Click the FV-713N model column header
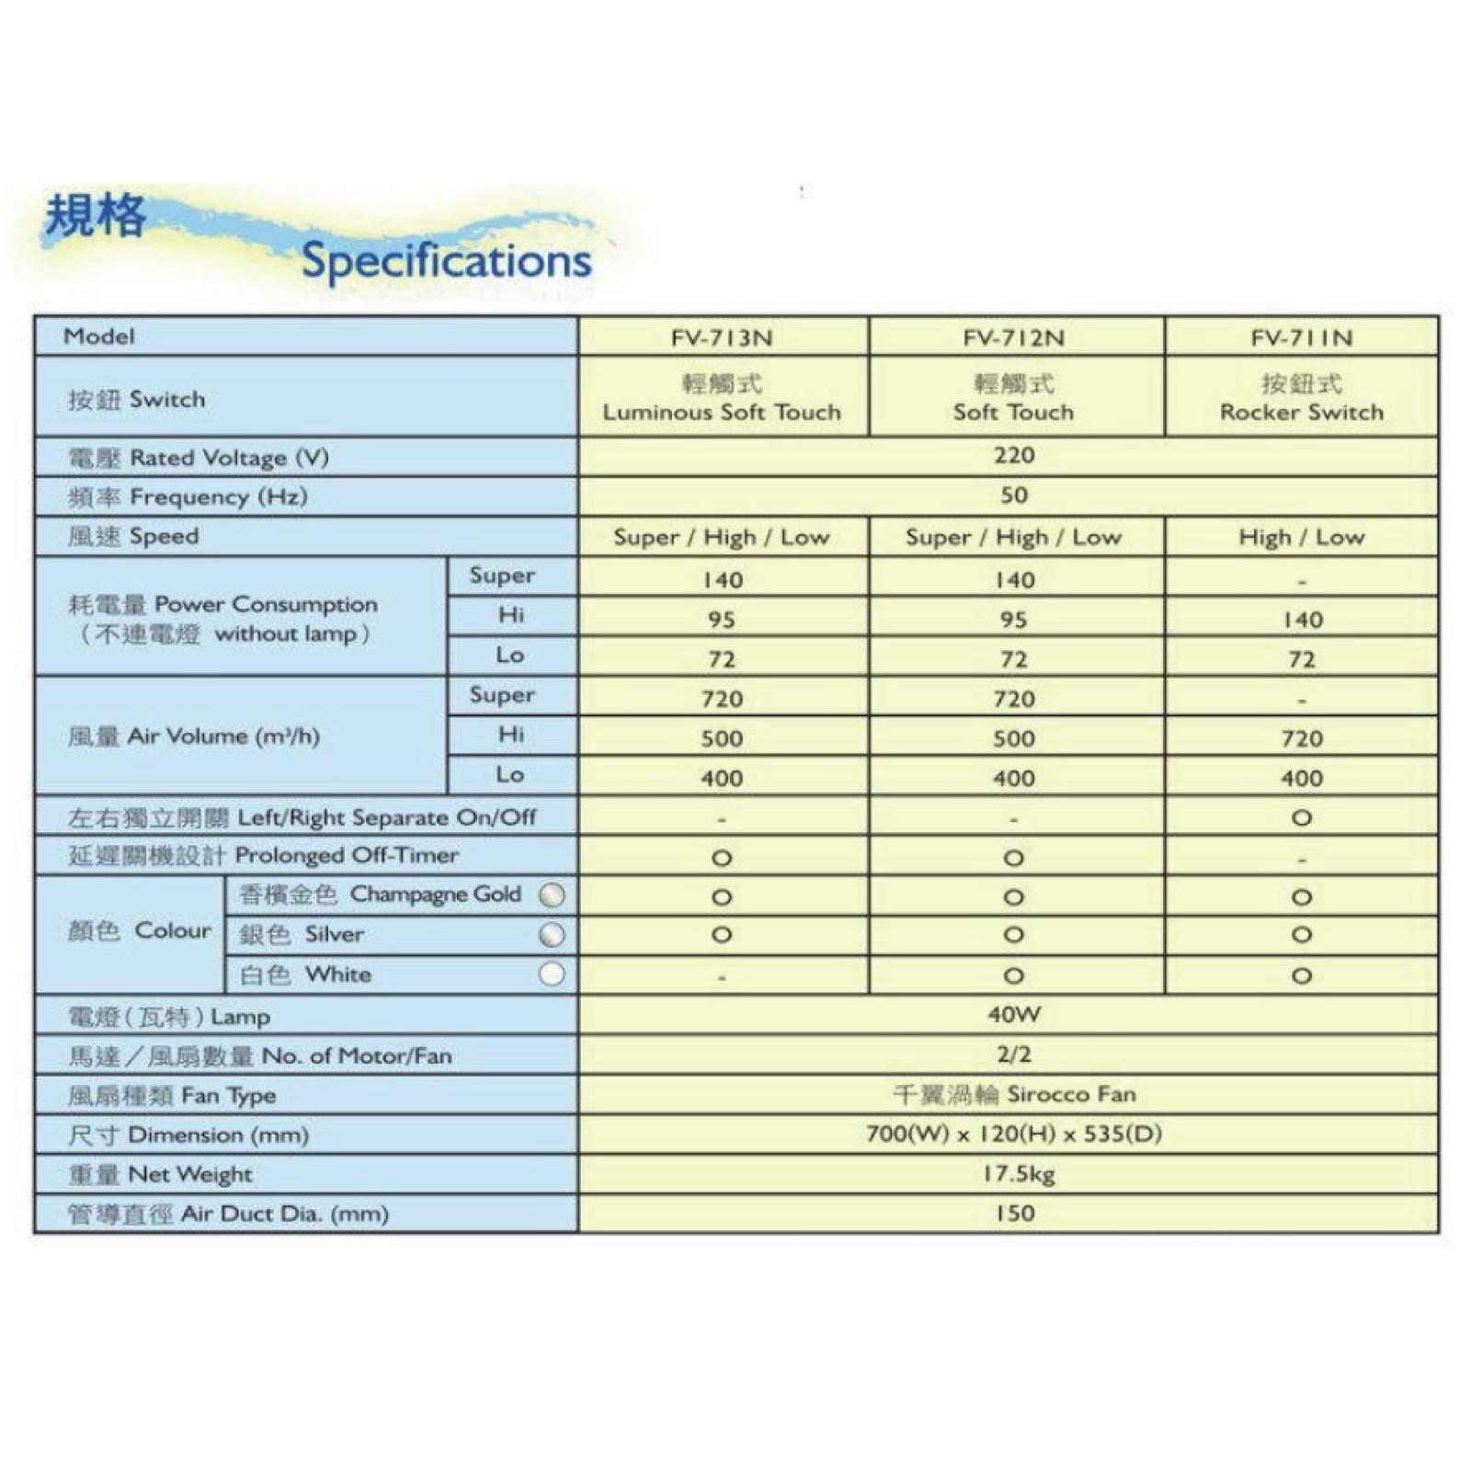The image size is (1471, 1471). (722, 337)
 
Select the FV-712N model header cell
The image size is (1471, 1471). (1013, 337)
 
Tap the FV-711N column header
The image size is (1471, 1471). (1301, 337)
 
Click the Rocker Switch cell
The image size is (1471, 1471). (1301, 412)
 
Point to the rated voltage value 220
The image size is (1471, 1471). (1013, 455)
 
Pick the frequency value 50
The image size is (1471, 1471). (1013, 496)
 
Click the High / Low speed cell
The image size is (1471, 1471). (1301, 537)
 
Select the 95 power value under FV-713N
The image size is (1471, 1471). (722, 620)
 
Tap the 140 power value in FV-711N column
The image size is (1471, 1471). (1302, 620)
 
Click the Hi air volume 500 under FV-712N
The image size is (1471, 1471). (1013, 738)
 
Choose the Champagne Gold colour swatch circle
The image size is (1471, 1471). (552, 895)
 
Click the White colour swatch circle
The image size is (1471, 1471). (552, 974)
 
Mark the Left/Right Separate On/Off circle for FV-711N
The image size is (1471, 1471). (1301, 817)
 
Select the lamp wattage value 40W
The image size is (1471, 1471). (1013, 1015)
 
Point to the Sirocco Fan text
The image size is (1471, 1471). (1071, 1094)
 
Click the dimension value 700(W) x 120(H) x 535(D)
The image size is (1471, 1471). (1013, 1134)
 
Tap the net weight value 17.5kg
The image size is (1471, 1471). (1018, 1174)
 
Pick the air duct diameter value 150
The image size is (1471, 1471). (1014, 1214)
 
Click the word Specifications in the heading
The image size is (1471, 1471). (446, 260)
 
